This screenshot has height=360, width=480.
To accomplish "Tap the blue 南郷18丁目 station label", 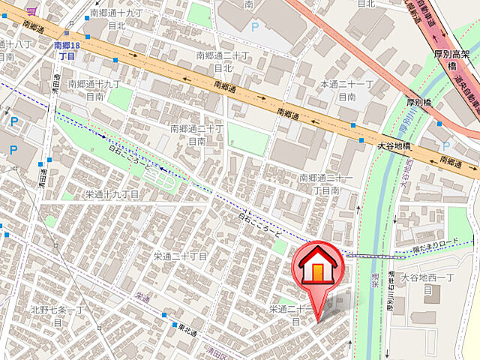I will [66, 51].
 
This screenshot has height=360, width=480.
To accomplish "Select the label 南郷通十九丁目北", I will [116, 19].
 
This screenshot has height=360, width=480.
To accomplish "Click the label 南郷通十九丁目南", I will [94, 90].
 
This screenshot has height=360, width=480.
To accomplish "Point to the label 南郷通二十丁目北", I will [221, 61].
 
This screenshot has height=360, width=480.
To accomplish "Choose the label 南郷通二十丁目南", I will [196, 134].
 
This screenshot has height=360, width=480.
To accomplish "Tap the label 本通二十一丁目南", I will [346, 90].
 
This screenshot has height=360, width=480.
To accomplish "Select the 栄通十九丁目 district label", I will [112, 194].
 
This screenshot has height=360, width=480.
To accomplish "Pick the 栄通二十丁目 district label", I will [181, 256].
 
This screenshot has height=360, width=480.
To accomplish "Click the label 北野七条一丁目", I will [58, 314].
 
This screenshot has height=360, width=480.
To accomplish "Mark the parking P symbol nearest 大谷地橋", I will [446, 145].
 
